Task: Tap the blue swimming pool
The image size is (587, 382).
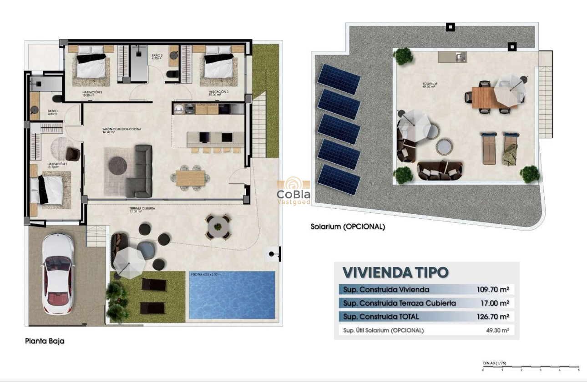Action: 232,296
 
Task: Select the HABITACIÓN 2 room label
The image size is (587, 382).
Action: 92,93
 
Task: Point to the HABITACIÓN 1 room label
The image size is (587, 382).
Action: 57,165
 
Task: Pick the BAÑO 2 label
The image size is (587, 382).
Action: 157,56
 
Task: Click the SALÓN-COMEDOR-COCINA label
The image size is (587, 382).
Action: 121,130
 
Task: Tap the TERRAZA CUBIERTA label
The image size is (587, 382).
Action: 142,209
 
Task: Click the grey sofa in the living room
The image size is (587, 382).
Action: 139,171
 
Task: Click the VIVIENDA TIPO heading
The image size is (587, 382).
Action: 395,272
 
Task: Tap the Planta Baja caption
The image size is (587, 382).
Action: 45,341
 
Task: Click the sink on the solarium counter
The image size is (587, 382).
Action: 460,57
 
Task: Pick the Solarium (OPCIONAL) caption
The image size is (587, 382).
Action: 348,226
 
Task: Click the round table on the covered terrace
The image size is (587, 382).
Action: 219,226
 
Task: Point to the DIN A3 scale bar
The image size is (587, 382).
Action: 531,366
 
